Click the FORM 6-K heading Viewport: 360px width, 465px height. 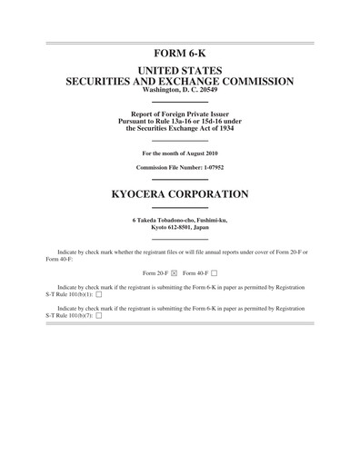[x=179, y=54]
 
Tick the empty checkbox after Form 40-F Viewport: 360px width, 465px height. [x=215, y=272]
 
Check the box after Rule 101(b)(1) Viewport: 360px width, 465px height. [x=98, y=295]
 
